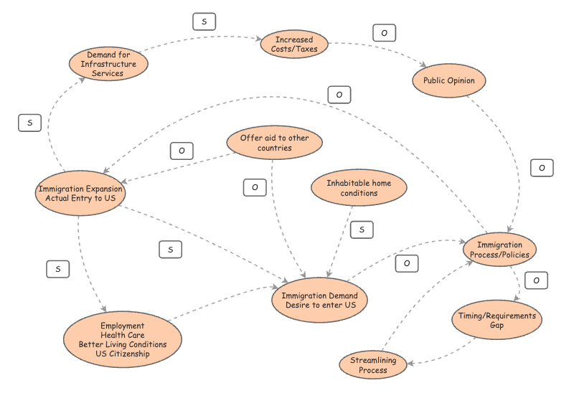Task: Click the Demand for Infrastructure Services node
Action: tap(108, 64)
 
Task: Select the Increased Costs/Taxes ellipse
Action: tap(294, 44)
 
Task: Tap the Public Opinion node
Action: tap(448, 80)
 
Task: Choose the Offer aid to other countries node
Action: tap(273, 143)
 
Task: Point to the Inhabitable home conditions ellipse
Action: tap(359, 188)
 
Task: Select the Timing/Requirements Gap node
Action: tap(497, 320)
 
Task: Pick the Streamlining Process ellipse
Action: tap(373, 365)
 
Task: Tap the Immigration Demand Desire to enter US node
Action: tap(319, 300)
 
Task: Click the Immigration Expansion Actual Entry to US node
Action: tap(80, 193)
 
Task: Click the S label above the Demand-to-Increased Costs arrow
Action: tap(204, 22)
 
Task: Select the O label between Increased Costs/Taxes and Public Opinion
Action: tap(384, 33)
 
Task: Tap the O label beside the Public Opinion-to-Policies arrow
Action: tap(542, 168)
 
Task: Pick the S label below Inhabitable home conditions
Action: tap(362, 229)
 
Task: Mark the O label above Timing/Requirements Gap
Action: tap(536, 280)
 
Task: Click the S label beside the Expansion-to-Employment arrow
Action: tap(58, 269)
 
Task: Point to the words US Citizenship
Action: tap(123, 354)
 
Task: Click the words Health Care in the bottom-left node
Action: tap(123, 335)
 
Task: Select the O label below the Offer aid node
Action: tap(255, 187)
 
